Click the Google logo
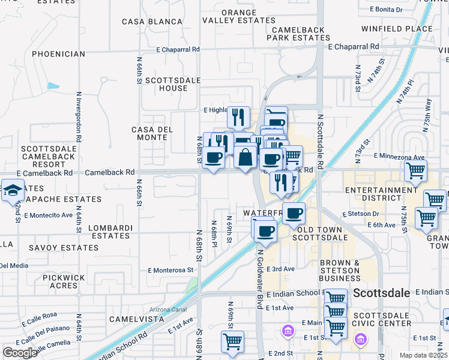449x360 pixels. [20, 353]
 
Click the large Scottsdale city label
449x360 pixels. [382, 293]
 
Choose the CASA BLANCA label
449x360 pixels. [152, 22]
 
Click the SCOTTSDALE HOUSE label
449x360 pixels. [166, 84]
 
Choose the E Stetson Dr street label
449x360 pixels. [361, 214]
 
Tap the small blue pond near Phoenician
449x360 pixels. [53, 86]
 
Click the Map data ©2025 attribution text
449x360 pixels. [422, 355]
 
